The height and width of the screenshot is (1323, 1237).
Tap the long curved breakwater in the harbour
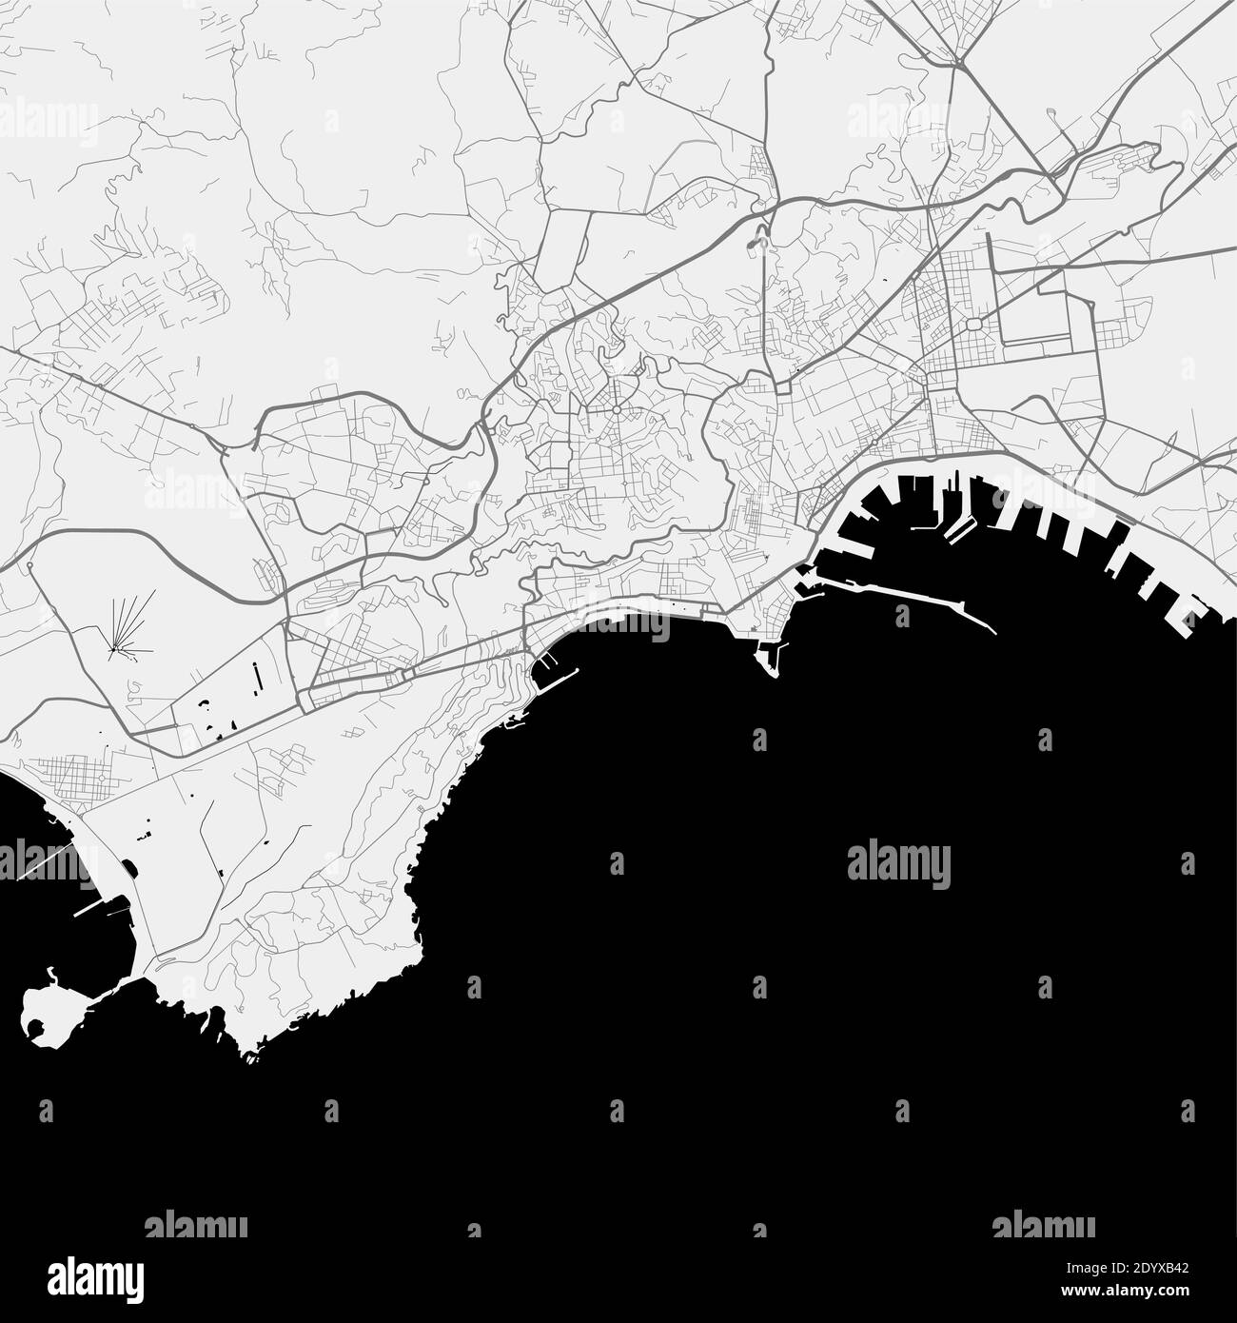point(913,596)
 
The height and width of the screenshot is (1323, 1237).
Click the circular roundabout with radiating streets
point(617,410)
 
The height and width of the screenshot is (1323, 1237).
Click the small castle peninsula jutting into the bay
point(770,657)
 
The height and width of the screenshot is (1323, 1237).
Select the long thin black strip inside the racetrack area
point(257,676)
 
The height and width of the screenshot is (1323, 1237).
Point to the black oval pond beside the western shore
point(128,868)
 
